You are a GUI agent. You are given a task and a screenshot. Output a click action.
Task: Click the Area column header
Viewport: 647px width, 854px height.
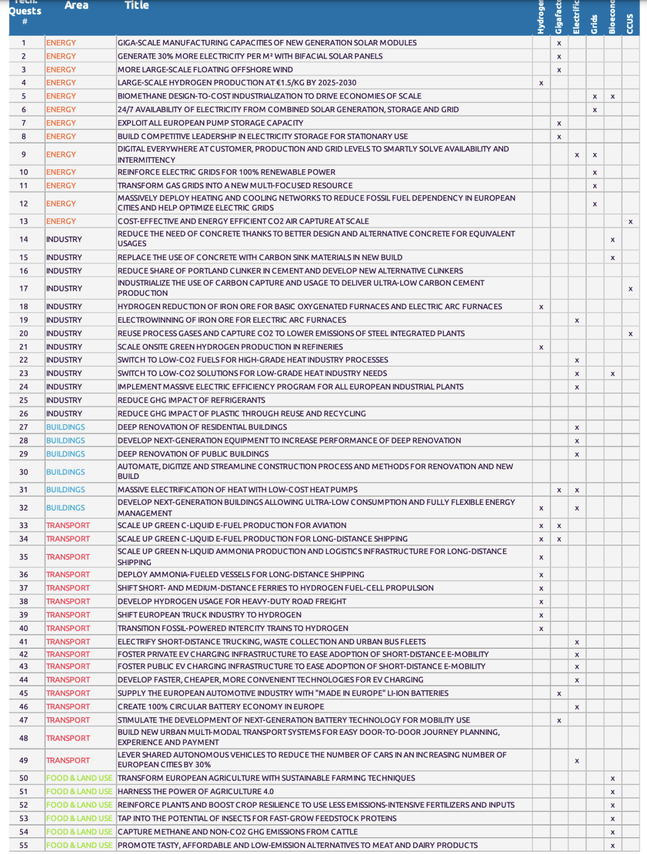click(x=76, y=5)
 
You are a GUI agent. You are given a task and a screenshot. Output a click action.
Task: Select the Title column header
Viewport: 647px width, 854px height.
click(x=136, y=5)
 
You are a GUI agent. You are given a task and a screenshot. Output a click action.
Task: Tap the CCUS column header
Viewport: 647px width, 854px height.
click(x=630, y=23)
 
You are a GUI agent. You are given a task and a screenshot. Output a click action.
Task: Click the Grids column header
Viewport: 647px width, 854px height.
click(x=594, y=24)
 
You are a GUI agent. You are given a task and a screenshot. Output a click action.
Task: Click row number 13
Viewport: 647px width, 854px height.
click(x=24, y=221)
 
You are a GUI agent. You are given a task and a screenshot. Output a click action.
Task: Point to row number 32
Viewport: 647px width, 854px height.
click(x=24, y=508)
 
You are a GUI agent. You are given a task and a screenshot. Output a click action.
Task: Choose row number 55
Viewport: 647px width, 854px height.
click(x=24, y=845)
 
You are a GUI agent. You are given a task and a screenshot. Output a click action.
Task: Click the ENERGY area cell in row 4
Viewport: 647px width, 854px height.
click(x=61, y=82)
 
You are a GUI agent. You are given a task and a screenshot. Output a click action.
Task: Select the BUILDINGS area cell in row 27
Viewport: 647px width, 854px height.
click(x=66, y=427)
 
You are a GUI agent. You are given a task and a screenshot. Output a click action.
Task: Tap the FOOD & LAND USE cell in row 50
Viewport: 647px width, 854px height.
click(x=79, y=778)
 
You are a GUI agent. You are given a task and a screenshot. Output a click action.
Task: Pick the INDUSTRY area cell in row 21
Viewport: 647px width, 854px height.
click(x=64, y=347)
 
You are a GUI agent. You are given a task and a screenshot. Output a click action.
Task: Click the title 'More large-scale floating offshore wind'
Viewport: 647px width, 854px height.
click(x=205, y=70)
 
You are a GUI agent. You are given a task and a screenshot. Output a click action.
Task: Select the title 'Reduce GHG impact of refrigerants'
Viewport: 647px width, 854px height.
click(x=191, y=400)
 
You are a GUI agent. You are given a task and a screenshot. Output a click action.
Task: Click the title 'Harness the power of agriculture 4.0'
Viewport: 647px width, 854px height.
click(x=196, y=791)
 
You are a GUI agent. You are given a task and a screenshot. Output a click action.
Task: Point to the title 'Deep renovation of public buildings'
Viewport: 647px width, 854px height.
click(x=193, y=454)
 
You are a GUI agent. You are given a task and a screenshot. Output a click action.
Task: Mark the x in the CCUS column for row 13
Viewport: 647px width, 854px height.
click(x=630, y=222)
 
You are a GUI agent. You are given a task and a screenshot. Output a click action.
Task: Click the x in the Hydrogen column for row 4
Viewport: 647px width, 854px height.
click(x=541, y=84)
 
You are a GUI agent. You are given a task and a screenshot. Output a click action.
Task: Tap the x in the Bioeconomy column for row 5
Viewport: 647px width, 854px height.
click(x=612, y=97)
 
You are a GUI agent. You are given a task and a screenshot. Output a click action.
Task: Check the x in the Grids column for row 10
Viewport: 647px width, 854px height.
click(x=595, y=173)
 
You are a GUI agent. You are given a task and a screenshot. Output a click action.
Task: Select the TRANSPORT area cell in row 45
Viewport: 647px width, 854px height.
click(x=68, y=693)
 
